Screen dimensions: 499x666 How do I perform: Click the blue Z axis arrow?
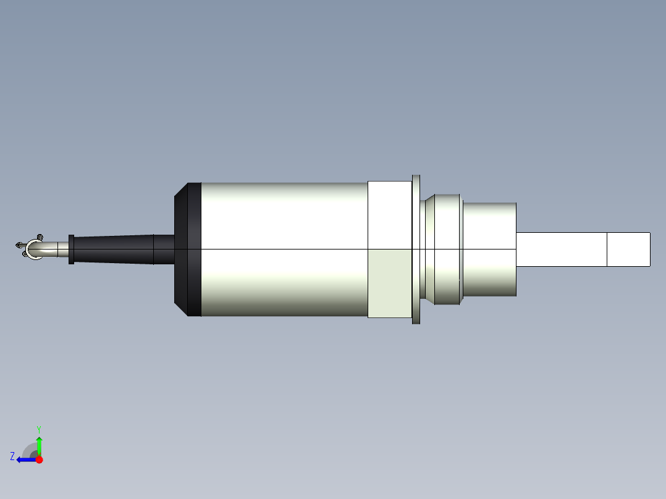(x=25, y=459)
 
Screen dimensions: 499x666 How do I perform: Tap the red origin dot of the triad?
(x=39, y=459)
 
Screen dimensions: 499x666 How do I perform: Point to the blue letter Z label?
(x=12, y=456)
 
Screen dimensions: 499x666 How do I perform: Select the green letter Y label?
(x=38, y=429)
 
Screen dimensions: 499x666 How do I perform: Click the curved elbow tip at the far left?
(x=33, y=249)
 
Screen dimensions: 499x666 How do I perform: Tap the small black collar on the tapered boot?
(x=71, y=249)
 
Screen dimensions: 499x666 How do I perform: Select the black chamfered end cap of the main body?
(x=188, y=249)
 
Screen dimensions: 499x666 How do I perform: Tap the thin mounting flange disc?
(x=416, y=249)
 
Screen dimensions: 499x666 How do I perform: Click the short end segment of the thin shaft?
(x=628, y=249)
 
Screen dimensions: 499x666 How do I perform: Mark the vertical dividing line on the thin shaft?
(x=607, y=249)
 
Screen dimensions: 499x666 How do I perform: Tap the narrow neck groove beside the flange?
(x=423, y=249)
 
